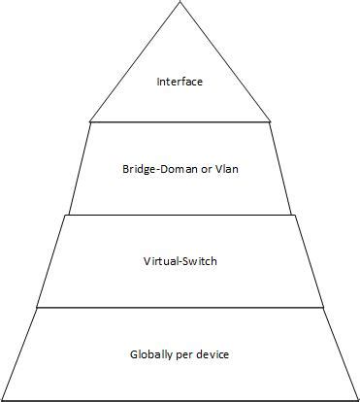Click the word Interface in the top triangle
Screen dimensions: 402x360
coord(180,82)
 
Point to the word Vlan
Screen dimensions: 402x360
coord(225,169)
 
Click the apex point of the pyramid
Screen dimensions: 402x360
coord(180,3)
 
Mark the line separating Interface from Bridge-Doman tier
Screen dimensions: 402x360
coord(180,121)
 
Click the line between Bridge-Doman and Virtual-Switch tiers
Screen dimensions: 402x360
coord(180,214)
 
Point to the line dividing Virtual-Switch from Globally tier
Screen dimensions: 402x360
coord(180,308)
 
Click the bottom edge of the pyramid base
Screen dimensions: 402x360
coord(180,399)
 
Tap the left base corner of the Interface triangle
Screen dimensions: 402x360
coord(90,121)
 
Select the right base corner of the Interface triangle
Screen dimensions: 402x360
coord(270,121)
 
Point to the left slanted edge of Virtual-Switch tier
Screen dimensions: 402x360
coord(51,260)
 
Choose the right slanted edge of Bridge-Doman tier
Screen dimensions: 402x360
coord(280,167)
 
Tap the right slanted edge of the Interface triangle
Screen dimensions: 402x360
coord(225,62)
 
